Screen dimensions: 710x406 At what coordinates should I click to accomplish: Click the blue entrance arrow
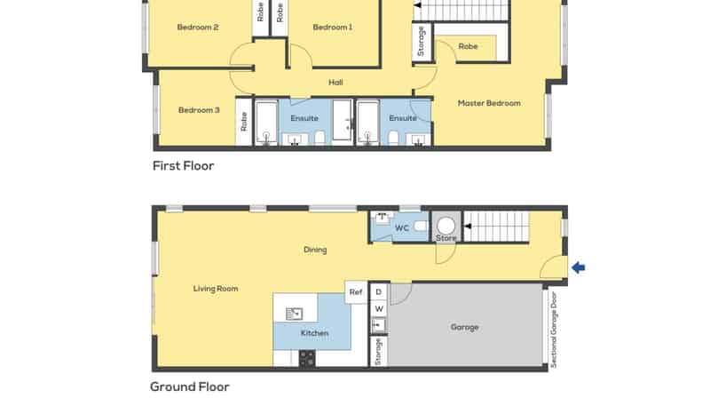(579, 267)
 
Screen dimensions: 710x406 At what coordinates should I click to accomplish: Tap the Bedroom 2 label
(198, 28)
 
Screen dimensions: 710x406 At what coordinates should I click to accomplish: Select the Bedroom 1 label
(333, 28)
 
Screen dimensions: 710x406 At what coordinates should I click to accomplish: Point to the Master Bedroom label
(489, 103)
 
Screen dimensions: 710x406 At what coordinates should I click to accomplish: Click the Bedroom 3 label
(199, 110)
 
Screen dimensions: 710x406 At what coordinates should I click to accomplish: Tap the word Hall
(335, 83)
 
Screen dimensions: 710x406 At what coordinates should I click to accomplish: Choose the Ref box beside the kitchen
(356, 292)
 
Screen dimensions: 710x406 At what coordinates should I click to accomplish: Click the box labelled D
(379, 291)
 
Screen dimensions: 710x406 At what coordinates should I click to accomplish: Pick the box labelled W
(379, 309)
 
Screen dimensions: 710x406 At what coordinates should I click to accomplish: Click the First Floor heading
(184, 166)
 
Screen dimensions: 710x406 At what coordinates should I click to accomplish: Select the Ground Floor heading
(190, 387)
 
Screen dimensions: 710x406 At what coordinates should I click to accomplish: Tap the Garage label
(464, 327)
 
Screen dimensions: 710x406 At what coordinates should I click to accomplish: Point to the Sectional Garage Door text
(553, 330)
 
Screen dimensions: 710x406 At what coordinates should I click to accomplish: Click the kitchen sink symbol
(295, 314)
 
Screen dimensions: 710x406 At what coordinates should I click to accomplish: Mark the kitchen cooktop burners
(307, 358)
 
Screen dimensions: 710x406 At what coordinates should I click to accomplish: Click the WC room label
(402, 228)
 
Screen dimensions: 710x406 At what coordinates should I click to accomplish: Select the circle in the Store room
(446, 225)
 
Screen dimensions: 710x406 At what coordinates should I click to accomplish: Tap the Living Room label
(216, 289)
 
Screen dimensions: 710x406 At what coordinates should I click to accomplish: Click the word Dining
(315, 250)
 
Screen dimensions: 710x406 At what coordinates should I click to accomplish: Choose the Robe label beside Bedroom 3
(243, 122)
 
